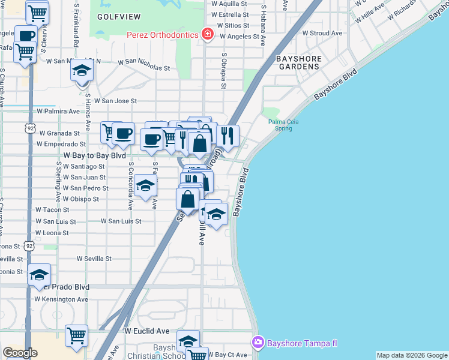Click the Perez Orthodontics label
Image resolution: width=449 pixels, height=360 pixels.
point(162,35)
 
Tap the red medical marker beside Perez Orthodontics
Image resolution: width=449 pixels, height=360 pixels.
point(208,34)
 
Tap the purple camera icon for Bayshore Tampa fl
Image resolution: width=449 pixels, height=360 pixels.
point(258,342)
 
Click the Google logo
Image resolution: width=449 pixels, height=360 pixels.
point(20,353)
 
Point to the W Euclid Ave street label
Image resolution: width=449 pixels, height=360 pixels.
point(147,331)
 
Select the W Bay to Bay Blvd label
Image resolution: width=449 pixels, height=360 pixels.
point(95,155)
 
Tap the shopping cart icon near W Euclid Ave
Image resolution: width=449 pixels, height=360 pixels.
point(77,336)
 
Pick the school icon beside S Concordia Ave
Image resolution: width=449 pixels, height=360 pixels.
point(145,186)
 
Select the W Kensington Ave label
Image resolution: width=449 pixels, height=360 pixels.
point(61,299)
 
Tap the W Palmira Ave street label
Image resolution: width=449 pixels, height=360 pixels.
point(58,111)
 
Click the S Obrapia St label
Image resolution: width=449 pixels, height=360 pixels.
point(223,70)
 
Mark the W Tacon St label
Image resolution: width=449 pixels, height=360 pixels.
point(52,210)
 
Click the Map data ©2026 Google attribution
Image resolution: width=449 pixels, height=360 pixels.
point(412,355)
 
